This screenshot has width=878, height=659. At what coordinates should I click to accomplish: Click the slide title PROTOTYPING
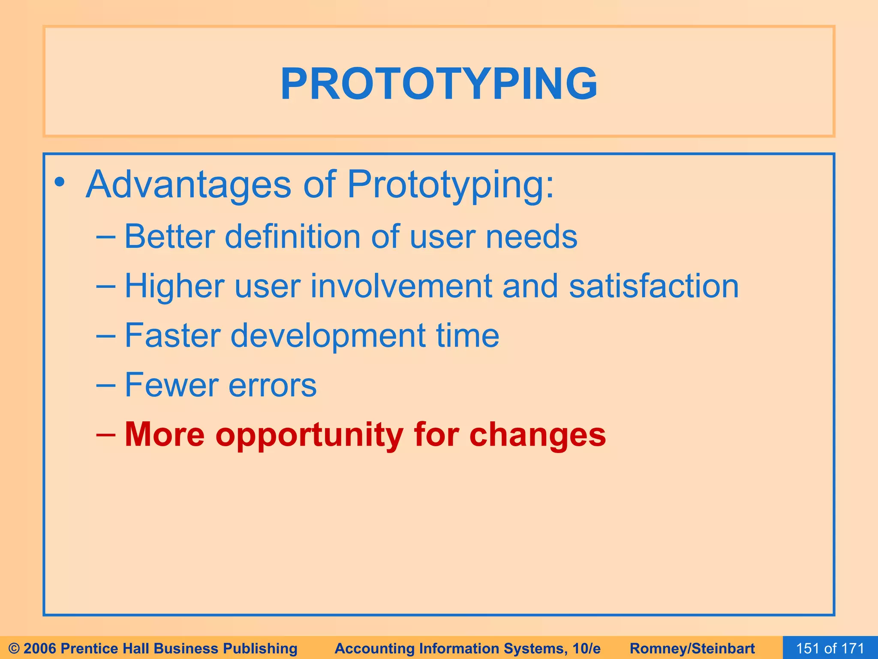point(439,84)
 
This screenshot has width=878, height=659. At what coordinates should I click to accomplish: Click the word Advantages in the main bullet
point(189,184)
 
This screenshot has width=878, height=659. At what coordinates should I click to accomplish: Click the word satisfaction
point(654,286)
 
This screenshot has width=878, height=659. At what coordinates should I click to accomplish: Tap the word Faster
point(172,336)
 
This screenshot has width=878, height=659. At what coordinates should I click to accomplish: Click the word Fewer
point(171,385)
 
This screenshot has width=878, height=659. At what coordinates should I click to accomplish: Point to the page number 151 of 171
point(830,648)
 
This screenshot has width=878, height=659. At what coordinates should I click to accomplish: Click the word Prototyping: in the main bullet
point(451,185)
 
